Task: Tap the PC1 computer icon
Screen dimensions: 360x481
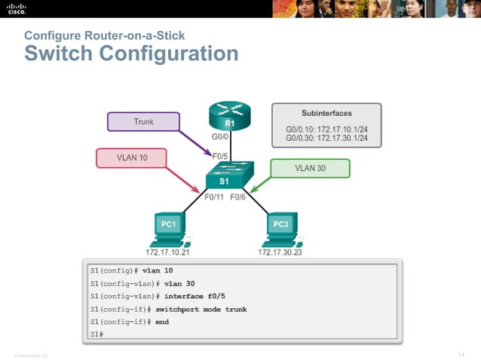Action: pyautogui.click(x=169, y=228)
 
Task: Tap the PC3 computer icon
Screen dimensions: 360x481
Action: pyautogui.click(x=280, y=228)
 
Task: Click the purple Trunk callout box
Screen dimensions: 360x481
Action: pyautogui.click(x=143, y=121)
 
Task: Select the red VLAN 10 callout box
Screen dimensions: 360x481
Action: pyautogui.click(x=131, y=158)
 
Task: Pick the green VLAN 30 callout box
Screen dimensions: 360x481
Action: pyautogui.click(x=310, y=168)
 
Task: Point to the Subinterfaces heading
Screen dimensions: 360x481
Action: pyautogui.click(x=326, y=113)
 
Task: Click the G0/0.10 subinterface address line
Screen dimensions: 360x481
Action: pyautogui.click(x=326, y=129)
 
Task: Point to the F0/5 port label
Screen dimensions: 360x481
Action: pyautogui.click(x=222, y=156)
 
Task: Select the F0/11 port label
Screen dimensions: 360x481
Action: pyautogui.click(x=215, y=197)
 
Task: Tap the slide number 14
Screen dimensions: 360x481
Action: pyautogui.click(x=461, y=353)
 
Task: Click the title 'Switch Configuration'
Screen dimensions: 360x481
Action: pyautogui.click(x=131, y=54)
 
